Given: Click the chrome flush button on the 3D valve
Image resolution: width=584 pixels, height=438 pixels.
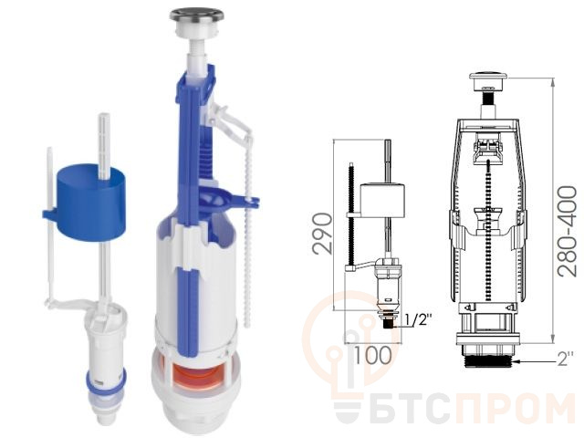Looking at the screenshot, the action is (197, 16).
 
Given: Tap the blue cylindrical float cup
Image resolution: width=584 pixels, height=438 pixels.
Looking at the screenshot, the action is (90, 201).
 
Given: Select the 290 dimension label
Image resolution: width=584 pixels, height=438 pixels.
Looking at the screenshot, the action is (322, 234).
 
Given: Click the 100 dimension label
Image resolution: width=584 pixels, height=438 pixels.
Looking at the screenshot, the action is (372, 355).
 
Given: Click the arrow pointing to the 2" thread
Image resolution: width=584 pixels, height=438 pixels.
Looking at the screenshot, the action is (534, 361).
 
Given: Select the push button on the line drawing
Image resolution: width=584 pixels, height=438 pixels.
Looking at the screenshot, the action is (488, 80).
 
